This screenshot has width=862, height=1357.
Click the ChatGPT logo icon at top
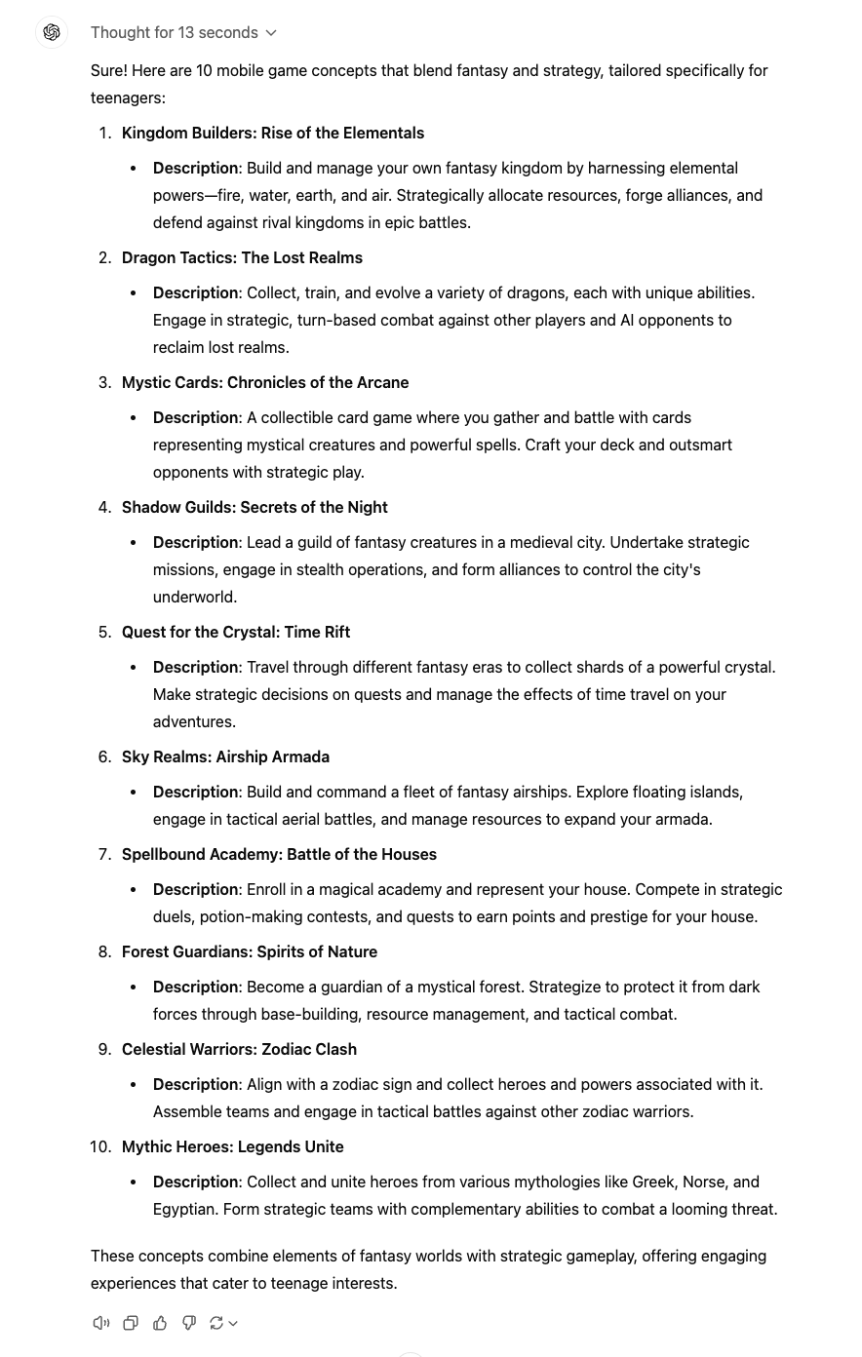[52, 32]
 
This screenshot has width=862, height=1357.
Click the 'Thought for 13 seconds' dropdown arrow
[271, 33]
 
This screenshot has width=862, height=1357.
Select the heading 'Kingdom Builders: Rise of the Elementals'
[273, 133]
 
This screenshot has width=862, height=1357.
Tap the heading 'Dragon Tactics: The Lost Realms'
[242, 257]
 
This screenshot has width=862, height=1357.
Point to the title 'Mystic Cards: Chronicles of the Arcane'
[265, 382]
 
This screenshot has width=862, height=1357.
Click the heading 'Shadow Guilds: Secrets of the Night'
[255, 507]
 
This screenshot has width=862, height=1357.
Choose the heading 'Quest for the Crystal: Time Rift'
[236, 632]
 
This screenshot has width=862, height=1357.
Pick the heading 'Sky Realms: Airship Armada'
[225, 756]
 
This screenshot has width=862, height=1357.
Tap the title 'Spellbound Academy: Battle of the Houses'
[279, 854]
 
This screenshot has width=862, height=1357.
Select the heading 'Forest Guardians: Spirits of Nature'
[250, 951]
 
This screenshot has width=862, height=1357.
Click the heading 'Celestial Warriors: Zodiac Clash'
[239, 1049]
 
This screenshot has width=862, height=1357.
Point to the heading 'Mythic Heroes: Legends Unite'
[232, 1146]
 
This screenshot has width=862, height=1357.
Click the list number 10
[100, 1146]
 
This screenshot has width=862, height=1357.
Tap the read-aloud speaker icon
[100, 1323]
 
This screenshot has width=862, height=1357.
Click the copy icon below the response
[131, 1323]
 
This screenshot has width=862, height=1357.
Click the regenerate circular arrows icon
[216, 1323]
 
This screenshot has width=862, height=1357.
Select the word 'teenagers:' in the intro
[128, 97]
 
